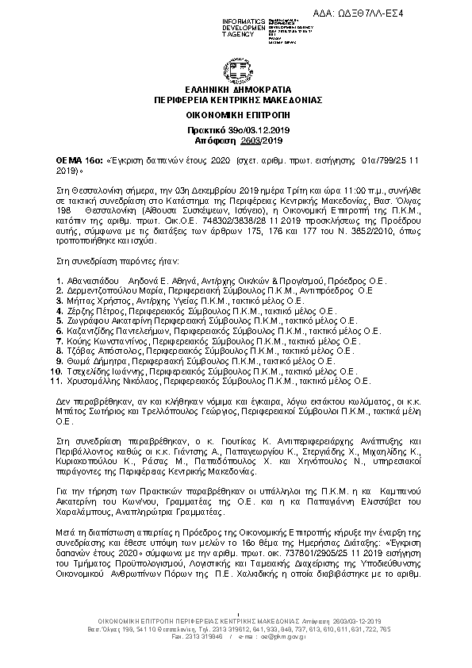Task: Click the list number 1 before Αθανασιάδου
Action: pos(60,282)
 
